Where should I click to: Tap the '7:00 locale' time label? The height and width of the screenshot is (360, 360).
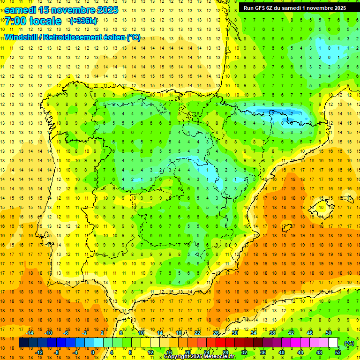[x=33, y=21]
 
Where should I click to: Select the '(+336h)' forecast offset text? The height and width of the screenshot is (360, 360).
[x=83, y=21]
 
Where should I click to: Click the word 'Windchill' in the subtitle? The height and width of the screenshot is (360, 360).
[x=20, y=37]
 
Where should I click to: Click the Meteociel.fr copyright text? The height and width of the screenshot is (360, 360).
[x=200, y=357]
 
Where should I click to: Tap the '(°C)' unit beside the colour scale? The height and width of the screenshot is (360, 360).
[x=349, y=343]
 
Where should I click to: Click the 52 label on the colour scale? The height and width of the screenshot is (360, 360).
[x=337, y=352]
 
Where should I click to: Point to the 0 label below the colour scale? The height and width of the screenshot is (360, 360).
[x=93, y=352]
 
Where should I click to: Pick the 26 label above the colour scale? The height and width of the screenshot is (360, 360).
[x=216, y=333]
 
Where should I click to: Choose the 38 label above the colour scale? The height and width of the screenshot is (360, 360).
[x=272, y=333]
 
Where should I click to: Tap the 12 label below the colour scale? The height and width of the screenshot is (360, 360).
[x=151, y=352]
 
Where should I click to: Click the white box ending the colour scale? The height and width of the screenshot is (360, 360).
[x=333, y=343]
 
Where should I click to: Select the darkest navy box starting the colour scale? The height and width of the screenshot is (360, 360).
[x=23, y=343]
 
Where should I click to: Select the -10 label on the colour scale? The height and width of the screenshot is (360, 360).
[x=48, y=333]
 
